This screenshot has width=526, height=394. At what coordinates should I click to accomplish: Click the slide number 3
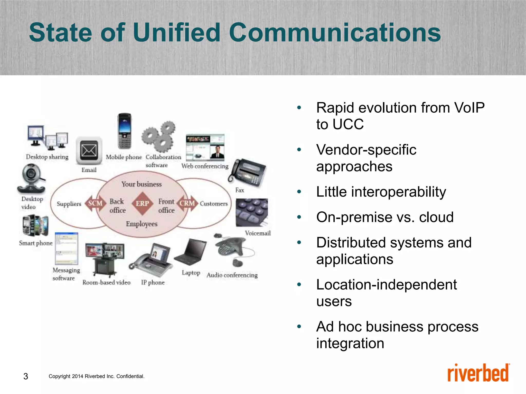[26, 376]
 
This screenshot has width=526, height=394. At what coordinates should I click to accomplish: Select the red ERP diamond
[142, 203]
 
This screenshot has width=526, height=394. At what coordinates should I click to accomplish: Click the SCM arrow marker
[95, 203]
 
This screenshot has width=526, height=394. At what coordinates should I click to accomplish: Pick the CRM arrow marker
[187, 203]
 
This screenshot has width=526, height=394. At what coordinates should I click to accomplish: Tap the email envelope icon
[89, 151]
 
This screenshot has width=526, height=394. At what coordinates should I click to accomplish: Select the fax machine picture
[248, 172]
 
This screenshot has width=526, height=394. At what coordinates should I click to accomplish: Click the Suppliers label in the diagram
[69, 204]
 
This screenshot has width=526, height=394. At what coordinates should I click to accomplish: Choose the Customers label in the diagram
[214, 204]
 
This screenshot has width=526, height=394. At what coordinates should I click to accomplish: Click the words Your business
[142, 184]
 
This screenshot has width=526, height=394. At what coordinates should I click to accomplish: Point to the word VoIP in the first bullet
[469, 108]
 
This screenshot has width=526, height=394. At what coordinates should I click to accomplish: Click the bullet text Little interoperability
[381, 192]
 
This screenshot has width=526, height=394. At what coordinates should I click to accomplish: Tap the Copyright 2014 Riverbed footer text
[96, 376]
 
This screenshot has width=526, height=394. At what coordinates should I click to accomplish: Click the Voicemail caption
[258, 233]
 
